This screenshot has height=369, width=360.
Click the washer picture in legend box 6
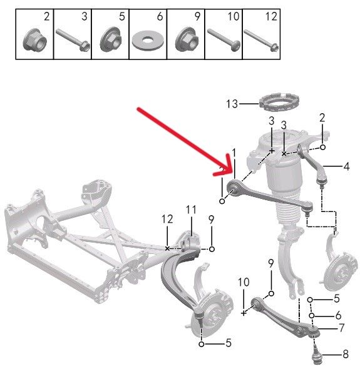coord(148,40)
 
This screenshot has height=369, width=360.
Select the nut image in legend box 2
coord(35,40)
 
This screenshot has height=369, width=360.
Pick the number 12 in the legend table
coord(271,16)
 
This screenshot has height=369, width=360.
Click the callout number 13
coord(232,104)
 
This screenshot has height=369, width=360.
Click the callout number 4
coord(346,166)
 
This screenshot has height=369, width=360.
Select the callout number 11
coord(191,210)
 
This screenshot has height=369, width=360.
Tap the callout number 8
coord(346,354)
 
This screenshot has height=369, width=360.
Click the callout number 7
coord(341,327)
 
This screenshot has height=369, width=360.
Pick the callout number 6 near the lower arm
coord(338,315)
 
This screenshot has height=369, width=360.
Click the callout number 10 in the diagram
coord(244,282)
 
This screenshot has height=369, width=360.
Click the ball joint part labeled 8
coord(315,353)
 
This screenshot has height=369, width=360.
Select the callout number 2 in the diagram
coord(322,118)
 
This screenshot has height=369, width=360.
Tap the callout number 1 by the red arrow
coord(234,153)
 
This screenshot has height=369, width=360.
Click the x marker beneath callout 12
coord(167,248)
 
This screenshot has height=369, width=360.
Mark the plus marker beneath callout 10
coord(244,313)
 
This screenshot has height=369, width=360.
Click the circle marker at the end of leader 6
coord(312,316)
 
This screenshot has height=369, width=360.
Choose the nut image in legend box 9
coord(186,40)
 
